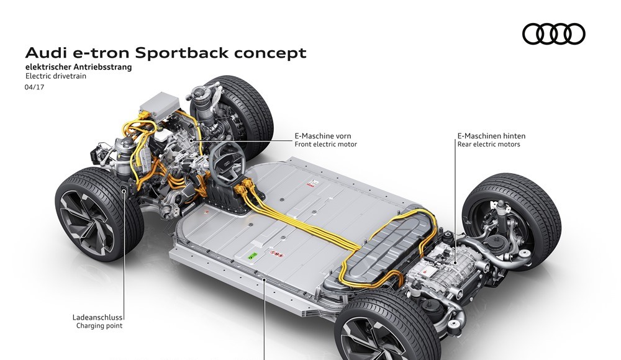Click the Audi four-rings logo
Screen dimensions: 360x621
point(553,34)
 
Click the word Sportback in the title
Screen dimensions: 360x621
point(184,53)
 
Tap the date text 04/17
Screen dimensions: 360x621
point(34,88)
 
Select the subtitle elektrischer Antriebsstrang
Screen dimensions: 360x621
point(79,67)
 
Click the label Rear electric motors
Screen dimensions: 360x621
point(488,144)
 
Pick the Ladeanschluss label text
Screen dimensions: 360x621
point(97,317)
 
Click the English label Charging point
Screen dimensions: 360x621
point(99,325)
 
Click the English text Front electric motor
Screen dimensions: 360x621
point(326,144)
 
